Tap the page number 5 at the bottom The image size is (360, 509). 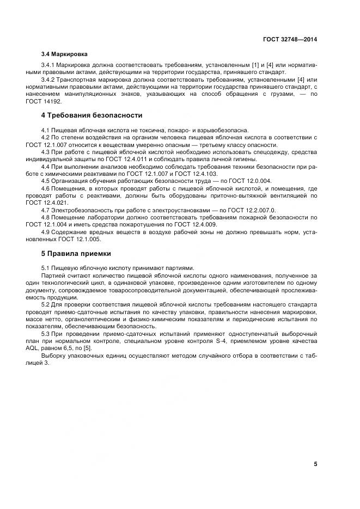[315, 464]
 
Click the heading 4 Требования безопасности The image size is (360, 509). [92, 115]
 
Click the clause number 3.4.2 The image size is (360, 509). [50, 79]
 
